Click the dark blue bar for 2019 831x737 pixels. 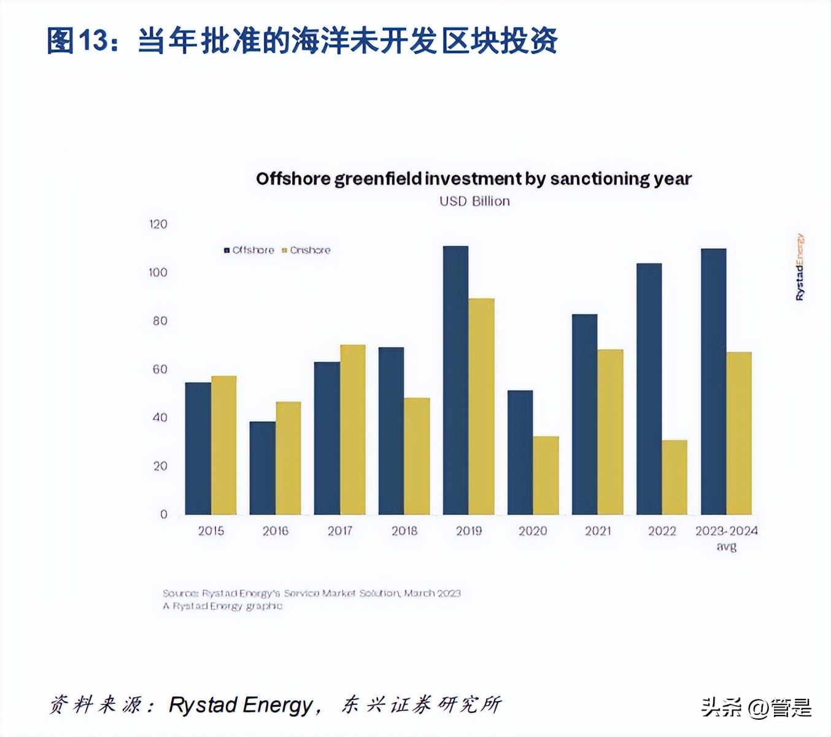tap(455, 380)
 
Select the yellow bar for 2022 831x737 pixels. tap(674, 477)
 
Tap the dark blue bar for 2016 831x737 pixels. tap(262, 468)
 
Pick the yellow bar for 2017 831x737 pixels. tap(353, 429)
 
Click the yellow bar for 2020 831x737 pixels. tap(546, 475)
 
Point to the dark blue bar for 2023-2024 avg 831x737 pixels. tap(713, 381)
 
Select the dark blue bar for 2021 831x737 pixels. tap(584, 415)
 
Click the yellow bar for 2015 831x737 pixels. tap(224, 445)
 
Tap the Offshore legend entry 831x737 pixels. tap(249, 250)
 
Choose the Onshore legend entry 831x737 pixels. tap(306, 250)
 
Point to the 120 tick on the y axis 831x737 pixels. tap(158, 224)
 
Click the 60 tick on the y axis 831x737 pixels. tap(160, 369)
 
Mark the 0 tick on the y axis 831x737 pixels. tap(163, 514)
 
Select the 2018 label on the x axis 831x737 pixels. tap(404, 531)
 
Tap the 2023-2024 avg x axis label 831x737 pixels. tap(726, 537)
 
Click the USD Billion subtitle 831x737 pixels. tap(474, 201)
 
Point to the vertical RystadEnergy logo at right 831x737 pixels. tap(799, 267)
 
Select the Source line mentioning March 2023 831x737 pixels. tap(311, 593)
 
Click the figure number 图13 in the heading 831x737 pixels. tap(77, 41)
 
